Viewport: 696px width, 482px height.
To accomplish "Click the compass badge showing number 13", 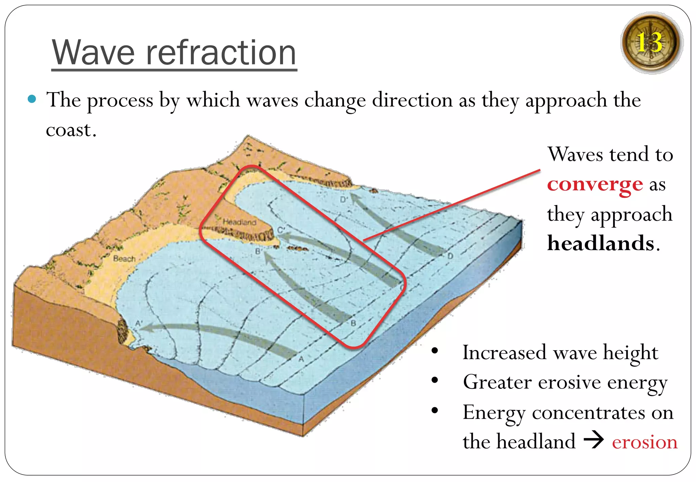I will coord(651,42).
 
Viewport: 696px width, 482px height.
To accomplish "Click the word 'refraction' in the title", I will coord(221,52).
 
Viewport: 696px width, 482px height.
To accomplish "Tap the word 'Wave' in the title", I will coord(93,52).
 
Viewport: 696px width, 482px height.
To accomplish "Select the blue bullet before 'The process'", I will coord(32,99).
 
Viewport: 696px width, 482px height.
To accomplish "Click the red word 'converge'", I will coord(595,185).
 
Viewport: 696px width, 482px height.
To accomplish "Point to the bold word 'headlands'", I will coord(601,243).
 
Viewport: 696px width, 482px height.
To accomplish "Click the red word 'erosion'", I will coord(644,442).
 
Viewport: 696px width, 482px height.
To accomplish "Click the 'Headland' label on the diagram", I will coord(239,222).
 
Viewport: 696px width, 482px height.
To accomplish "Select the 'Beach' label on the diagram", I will coord(124,259).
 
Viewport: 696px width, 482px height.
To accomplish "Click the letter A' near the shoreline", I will coord(139,323).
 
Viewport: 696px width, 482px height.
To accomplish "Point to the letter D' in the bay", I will coord(344,200).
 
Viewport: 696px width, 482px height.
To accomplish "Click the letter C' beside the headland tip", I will coord(280,230).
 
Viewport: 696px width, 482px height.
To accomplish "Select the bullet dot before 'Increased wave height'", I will coord(435,351).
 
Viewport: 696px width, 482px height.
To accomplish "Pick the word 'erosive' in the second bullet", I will coord(570,382).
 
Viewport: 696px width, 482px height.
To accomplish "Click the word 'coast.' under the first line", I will coord(71,130).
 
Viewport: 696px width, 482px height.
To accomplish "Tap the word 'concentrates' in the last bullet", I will coord(588,413).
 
